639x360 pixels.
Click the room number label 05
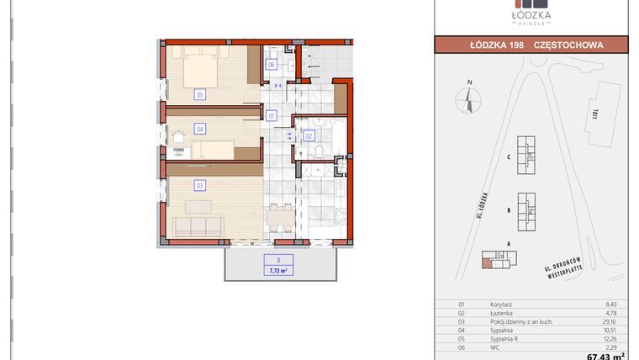200,94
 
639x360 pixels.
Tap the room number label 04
200,129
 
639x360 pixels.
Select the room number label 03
200,184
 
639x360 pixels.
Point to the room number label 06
272,65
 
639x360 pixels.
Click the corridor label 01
272,115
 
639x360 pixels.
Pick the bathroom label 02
309,135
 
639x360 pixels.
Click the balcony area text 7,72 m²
277,271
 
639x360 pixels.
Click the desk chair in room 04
178,137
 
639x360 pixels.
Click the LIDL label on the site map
594,111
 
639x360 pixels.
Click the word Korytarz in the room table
503,304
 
